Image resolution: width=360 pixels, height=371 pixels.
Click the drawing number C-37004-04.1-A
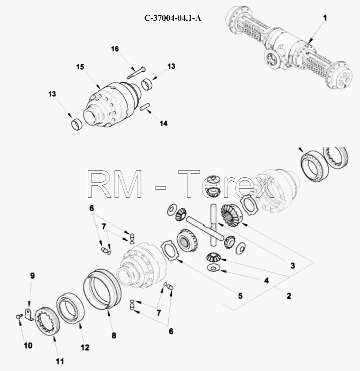pos(173,18)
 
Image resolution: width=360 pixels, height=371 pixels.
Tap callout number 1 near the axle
pos(325,18)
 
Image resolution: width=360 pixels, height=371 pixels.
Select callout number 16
pos(115,49)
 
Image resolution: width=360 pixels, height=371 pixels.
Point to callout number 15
pos(80,67)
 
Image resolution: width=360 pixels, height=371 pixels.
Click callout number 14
pos(163,123)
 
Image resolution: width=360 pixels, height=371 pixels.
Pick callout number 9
pos(32,276)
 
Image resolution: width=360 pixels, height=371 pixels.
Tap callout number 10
pos(28,346)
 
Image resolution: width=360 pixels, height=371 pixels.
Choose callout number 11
pos(60,362)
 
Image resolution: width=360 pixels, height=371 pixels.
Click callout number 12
pos(85,348)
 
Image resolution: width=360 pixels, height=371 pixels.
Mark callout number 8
pos(114,336)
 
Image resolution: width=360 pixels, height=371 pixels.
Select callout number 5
pos(240,296)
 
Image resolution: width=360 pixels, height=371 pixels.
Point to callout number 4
pos(266,281)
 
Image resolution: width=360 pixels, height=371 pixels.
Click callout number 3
pos(293,266)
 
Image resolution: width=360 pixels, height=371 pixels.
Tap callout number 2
pos(289,296)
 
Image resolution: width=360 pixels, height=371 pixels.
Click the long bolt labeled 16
pos(136,73)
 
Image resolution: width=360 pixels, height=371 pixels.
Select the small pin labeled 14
pos(144,106)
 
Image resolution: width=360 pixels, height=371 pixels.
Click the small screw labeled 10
pos(19,316)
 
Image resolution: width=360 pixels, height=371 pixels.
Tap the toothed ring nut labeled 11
pos(47,320)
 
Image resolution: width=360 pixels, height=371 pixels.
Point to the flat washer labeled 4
pos(213,268)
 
